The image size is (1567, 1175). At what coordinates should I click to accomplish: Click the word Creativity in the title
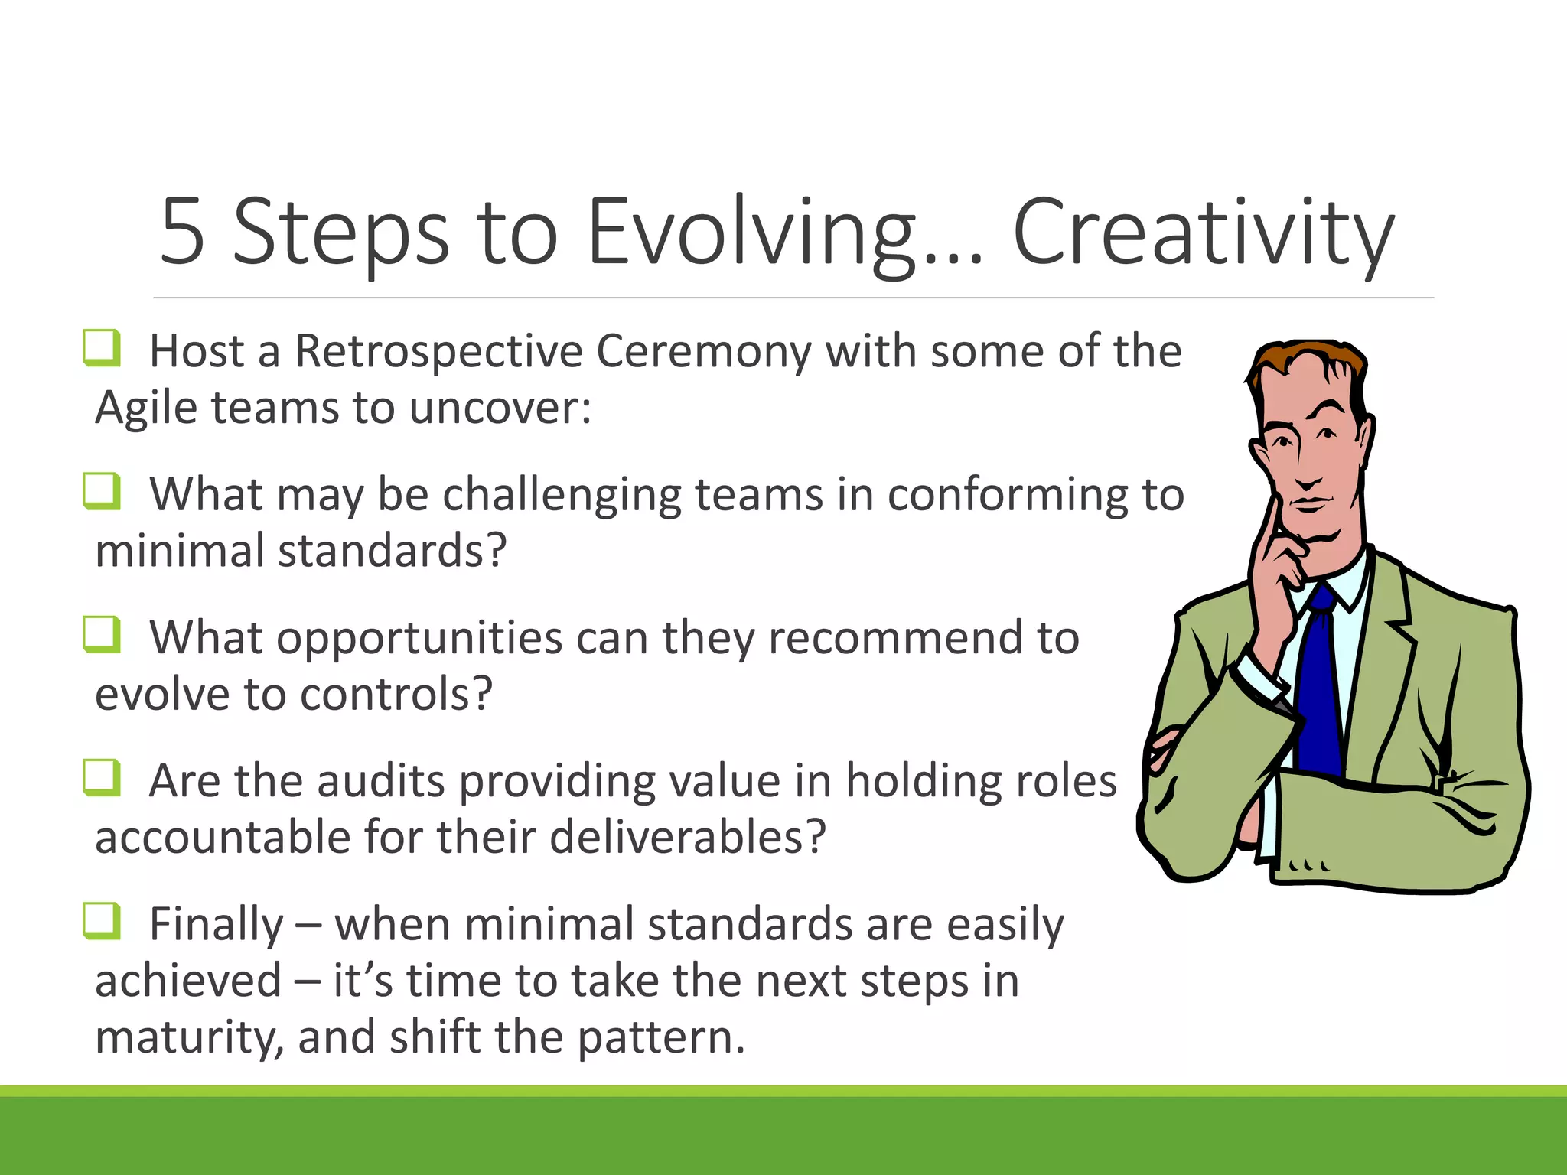pyautogui.click(x=1203, y=232)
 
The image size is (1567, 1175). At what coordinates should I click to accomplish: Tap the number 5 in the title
pyautogui.click(x=182, y=232)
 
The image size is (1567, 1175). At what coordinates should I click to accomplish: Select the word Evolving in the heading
pyautogui.click(x=751, y=232)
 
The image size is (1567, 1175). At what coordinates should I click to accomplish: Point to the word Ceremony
pyautogui.click(x=703, y=352)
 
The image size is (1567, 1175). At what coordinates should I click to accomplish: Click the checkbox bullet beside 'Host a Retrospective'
pyautogui.click(x=102, y=348)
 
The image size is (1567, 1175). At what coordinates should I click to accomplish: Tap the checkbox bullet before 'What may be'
pyautogui.click(x=102, y=491)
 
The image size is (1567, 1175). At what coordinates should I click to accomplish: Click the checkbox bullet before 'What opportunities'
pyautogui.click(x=102, y=635)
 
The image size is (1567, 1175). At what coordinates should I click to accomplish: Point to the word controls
pyautogui.click(x=396, y=695)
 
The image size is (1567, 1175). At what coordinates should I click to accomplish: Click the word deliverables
pyautogui.click(x=687, y=838)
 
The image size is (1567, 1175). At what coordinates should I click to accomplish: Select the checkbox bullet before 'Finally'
pyautogui.click(x=102, y=921)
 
